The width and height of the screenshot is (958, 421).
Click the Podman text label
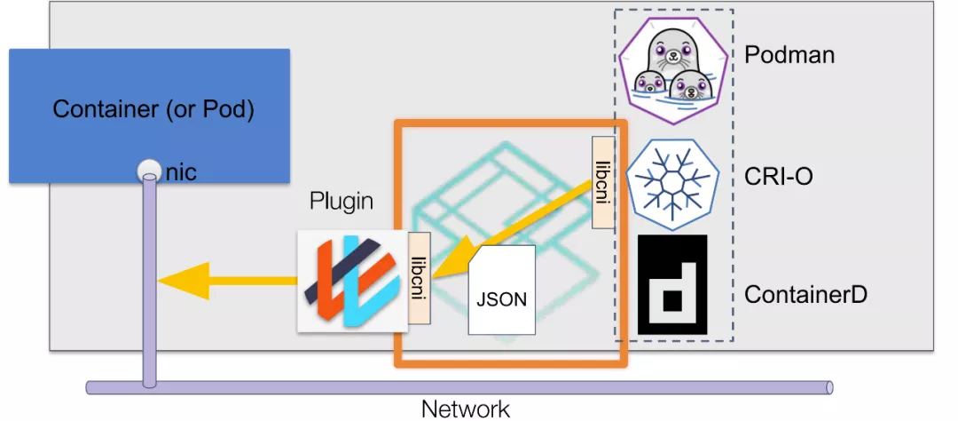[x=789, y=55]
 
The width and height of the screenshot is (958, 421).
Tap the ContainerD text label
[x=805, y=293]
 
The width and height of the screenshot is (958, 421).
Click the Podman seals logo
[x=671, y=68]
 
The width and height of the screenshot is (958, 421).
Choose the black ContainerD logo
[x=672, y=284]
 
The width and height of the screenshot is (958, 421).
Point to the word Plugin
[x=342, y=202]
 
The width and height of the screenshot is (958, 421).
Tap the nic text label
[x=181, y=172]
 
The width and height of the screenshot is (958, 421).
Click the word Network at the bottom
[x=466, y=409]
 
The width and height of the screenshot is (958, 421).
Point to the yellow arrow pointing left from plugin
[x=226, y=281]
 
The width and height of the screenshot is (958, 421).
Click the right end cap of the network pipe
[x=828, y=387]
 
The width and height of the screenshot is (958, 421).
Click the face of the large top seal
[x=671, y=52]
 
